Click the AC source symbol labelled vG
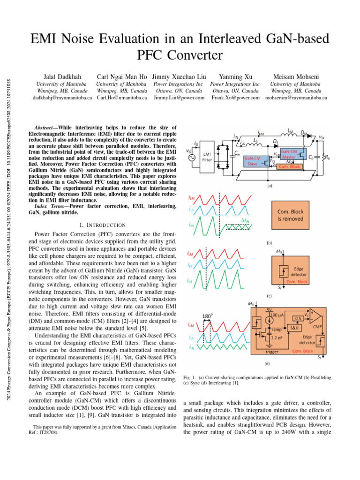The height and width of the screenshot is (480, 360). (x=191, y=157)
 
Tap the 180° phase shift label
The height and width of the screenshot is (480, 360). (x=206, y=316)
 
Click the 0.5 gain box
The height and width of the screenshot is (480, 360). (x=298, y=318)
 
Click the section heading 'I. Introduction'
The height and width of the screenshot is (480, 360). (x=103, y=225)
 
